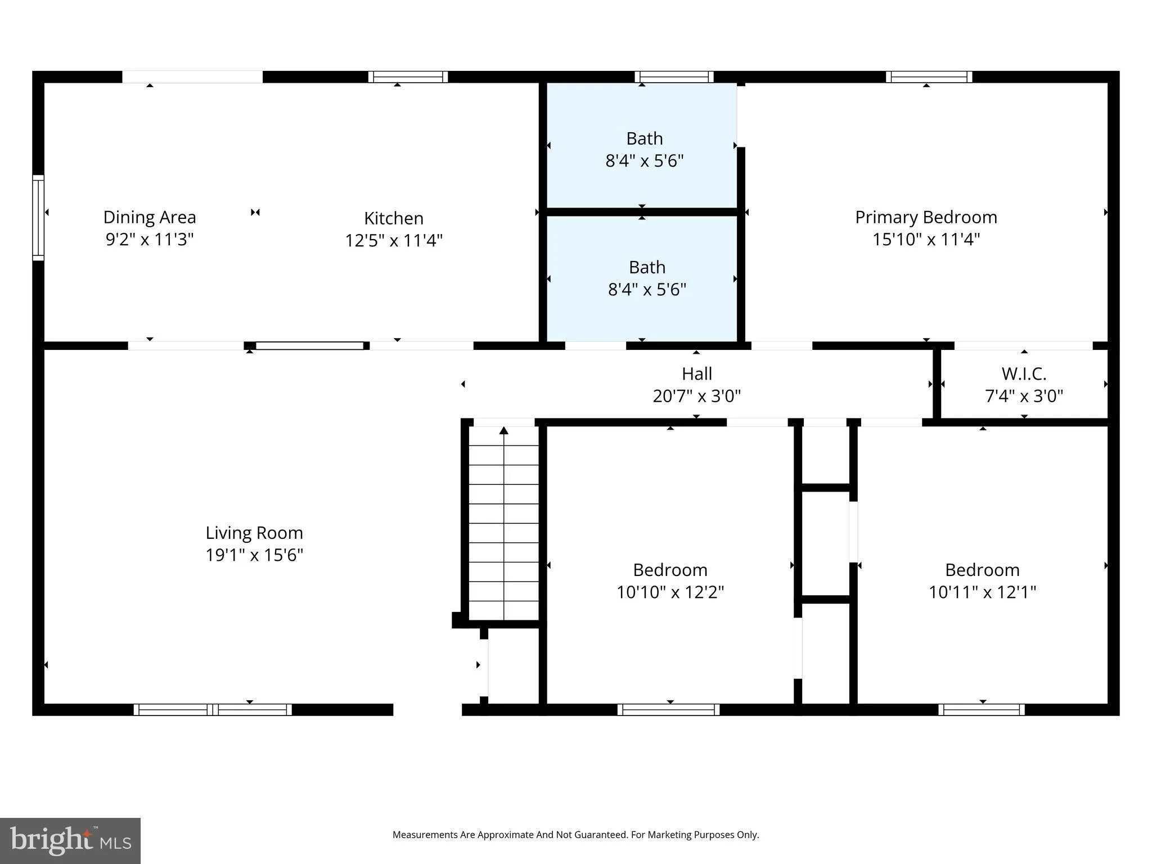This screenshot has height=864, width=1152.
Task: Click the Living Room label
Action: [254, 533]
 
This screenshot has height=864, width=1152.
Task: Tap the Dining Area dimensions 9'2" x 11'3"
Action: [150, 240]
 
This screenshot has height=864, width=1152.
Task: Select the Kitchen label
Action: [394, 218]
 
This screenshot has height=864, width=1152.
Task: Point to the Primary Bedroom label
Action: [926, 218]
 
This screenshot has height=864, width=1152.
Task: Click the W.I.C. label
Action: [1024, 374]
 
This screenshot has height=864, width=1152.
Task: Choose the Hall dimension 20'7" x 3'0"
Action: [697, 396]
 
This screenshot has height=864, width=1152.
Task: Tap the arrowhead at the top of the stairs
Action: [504, 431]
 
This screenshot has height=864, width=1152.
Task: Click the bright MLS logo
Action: [70, 840]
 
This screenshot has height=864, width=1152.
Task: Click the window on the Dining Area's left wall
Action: [38, 218]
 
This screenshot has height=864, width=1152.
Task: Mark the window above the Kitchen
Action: [408, 77]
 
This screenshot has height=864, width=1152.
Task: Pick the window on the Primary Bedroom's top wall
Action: [929, 77]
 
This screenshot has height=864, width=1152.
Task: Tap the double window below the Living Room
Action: [213, 710]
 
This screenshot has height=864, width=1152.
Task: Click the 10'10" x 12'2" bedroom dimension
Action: [670, 592]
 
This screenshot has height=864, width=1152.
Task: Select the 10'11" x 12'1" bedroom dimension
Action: [982, 592]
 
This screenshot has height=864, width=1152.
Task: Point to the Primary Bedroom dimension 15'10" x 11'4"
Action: [926, 240]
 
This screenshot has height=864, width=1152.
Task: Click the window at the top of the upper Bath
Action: [674, 77]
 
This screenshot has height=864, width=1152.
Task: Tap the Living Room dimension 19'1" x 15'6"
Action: [254, 555]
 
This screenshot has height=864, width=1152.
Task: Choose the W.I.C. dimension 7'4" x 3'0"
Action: [1024, 396]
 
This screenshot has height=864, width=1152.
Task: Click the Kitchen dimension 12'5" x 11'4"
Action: [394, 241]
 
